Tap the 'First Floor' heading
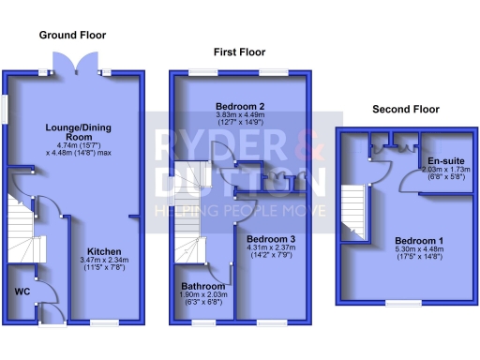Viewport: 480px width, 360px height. pyautogui.click(x=241, y=52)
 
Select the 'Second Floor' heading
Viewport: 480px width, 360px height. pyautogui.click(x=406, y=109)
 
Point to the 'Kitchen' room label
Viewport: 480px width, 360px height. pyautogui.click(x=104, y=251)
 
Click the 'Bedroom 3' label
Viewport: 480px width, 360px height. pyautogui.click(x=271, y=240)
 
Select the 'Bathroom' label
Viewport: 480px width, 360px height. pyautogui.click(x=203, y=286)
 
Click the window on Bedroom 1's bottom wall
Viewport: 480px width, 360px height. pyautogui.click(x=403, y=303)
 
